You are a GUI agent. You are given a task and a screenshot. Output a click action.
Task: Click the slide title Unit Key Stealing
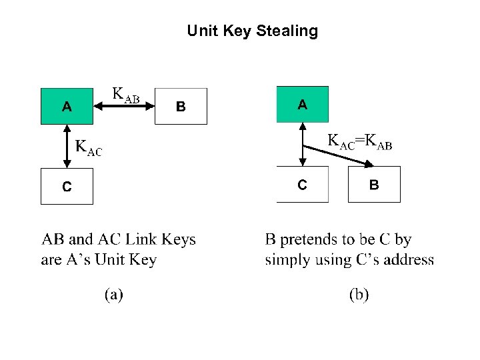tap(252, 31)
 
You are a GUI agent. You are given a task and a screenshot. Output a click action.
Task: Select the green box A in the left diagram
tap(67, 106)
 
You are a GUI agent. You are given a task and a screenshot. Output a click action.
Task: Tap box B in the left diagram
tap(181, 106)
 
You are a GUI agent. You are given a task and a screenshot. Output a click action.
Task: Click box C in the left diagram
tap(67, 186)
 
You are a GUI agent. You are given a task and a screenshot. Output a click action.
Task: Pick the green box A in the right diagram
tap(303, 104)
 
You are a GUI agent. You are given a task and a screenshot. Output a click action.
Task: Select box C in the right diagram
tap(303, 185)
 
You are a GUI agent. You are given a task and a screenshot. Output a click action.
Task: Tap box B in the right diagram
tap(374, 185)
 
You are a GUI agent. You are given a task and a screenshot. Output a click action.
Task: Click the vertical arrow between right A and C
tap(303, 143)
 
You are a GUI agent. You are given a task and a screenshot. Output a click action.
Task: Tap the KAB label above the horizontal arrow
tap(125, 95)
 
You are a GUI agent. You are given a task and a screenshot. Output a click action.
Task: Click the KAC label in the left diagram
tap(89, 147)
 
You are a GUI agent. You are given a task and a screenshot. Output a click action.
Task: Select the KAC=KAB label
tap(359, 142)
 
